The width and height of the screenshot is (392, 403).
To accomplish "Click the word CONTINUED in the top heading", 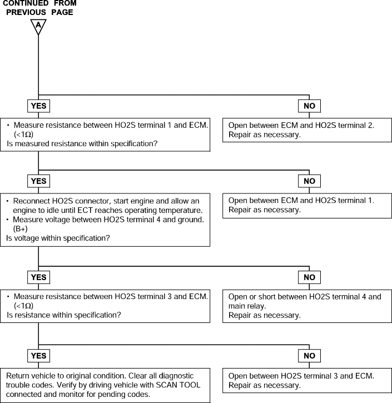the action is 26,3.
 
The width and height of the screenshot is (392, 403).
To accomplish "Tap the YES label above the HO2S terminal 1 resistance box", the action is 38,106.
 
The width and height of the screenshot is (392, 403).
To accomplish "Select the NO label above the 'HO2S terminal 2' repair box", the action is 309,106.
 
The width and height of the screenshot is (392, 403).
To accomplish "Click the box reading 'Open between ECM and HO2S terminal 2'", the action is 307,130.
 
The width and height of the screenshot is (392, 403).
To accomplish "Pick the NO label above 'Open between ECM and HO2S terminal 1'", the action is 309,181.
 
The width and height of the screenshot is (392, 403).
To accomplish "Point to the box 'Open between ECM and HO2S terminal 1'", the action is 307,205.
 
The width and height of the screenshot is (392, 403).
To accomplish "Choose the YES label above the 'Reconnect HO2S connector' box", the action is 38,181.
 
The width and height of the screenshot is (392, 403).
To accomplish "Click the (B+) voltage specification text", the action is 21,229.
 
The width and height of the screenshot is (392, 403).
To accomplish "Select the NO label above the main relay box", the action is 309,277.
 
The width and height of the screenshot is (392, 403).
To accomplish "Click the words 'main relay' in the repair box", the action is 247,306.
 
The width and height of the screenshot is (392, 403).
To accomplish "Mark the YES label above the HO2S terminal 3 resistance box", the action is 38,277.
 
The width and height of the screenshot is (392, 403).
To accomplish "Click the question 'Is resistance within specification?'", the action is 64,315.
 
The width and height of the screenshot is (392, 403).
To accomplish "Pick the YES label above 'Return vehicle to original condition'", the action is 38,356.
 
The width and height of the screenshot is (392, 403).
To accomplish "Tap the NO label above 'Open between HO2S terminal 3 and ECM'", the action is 309,356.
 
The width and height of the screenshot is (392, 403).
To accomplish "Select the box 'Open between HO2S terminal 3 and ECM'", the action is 307,381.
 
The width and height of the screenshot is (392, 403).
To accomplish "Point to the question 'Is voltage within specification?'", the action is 58,238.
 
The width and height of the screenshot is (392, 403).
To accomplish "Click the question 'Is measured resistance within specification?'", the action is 82,143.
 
